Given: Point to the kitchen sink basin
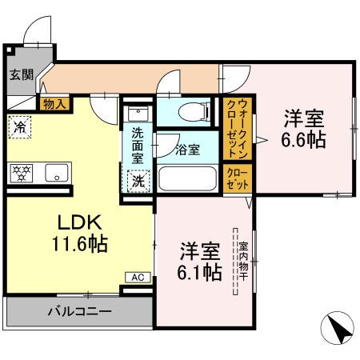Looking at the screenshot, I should (55, 172).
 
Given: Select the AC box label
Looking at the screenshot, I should (136, 277).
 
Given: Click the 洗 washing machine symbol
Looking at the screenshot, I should (138, 181).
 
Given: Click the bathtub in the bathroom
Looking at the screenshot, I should (189, 177).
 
